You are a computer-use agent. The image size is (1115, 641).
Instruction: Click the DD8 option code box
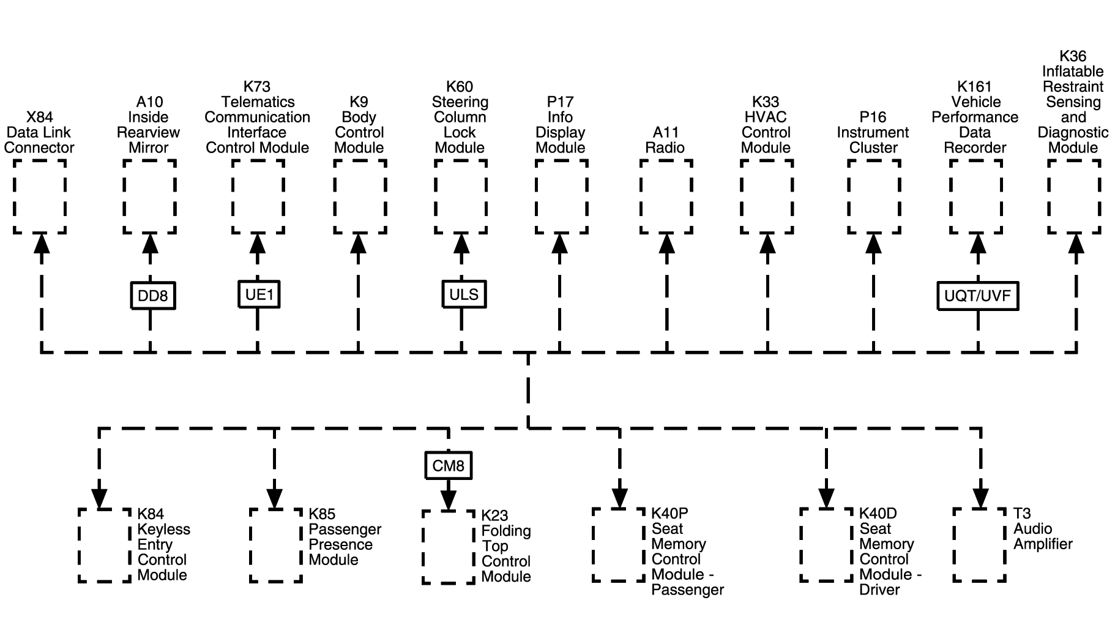coord(152,296)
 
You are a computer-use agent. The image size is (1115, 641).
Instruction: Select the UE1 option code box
coord(258,294)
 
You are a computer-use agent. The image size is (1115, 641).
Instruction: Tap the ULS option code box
coord(463,294)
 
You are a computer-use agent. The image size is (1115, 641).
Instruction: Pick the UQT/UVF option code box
coord(977,296)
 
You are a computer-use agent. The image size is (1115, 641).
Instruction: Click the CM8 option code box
coord(449,466)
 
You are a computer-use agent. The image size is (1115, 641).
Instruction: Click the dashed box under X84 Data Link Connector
coord(40,197)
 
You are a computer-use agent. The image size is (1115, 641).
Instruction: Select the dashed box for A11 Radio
coord(666,197)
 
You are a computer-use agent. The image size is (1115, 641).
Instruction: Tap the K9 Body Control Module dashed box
coord(360,197)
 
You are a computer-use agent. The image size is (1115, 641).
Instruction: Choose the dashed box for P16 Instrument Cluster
coord(874,197)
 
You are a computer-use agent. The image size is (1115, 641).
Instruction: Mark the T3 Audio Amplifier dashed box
coord(980,544)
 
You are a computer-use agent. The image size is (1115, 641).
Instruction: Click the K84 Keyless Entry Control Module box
coord(105,544)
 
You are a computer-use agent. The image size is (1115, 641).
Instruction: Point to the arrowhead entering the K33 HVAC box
coord(767,243)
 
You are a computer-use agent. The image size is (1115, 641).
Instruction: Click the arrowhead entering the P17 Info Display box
coord(559,243)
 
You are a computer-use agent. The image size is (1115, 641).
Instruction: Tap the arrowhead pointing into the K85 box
coord(275,498)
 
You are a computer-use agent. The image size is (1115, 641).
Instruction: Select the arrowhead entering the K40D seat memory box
coord(827,498)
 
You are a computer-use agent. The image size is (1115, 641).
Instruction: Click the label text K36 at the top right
coord(1073,56)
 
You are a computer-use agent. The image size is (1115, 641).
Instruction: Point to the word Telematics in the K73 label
coord(258,102)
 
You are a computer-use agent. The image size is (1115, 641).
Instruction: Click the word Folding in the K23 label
coord(506,531)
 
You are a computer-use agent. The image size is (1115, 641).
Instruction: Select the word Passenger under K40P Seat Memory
coord(688,590)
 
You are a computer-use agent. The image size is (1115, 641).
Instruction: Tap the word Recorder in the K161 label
coord(975,148)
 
